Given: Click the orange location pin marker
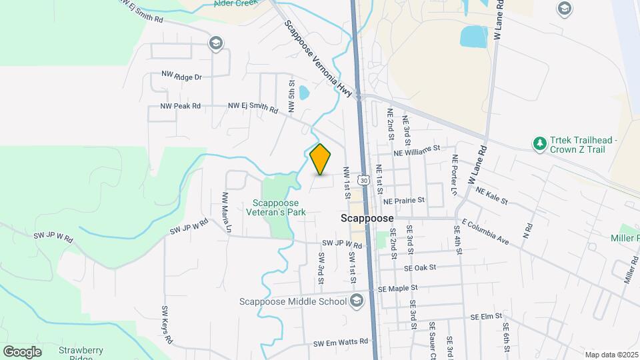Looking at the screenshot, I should coord(321,159).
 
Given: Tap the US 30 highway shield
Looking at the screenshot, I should coord(363,180).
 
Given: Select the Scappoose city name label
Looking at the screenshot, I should coord(367,218).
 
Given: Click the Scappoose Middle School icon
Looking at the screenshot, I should coord(357,301).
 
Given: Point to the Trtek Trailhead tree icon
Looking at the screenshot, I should coord(539,143).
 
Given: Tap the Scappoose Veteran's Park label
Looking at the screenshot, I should coord(279,207).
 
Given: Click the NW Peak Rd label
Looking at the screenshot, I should coord(180,107).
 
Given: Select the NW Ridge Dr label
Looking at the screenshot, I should coord(181,77).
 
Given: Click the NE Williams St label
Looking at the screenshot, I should coord(417,151).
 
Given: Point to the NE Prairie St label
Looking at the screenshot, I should coord(404,200).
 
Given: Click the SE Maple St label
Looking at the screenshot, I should coord(397,289).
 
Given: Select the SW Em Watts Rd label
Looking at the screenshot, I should coord(341,343).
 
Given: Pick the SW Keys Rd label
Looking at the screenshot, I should coord(165,325).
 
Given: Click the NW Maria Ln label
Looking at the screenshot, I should coord(226,212).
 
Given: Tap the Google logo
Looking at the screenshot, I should coord(22,351).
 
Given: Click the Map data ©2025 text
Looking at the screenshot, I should coord(611,355).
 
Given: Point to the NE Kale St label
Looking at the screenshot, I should coord(492,195).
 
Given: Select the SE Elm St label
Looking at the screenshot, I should coord(485,317).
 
